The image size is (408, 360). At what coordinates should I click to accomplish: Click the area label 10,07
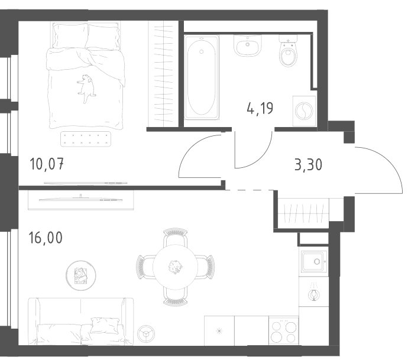tap(47, 164)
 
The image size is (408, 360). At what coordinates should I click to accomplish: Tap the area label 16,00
tap(46, 238)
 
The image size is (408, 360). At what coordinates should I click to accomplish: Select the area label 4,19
tap(260, 108)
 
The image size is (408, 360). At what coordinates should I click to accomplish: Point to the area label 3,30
tap(308, 165)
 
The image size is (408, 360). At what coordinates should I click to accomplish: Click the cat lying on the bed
tap(86, 87)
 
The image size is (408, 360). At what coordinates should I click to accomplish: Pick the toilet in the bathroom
tap(288, 51)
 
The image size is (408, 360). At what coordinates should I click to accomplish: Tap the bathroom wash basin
tap(247, 46)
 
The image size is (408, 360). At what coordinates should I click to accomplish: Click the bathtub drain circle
tap(201, 52)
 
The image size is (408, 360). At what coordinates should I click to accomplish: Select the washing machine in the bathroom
tap(304, 111)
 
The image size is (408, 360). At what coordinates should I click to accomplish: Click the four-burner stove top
tap(284, 330)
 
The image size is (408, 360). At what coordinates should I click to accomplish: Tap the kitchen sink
tap(314, 261)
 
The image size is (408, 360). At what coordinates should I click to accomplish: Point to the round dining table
tap(176, 267)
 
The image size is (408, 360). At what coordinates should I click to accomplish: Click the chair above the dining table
tap(176, 236)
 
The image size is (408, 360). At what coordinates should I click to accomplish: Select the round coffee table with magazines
tap(81, 275)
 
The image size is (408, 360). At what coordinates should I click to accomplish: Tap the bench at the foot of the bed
tap(86, 139)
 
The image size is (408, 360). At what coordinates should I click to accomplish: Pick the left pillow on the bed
tap(70, 35)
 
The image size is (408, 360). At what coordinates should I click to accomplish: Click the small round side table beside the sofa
tap(146, 333)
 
